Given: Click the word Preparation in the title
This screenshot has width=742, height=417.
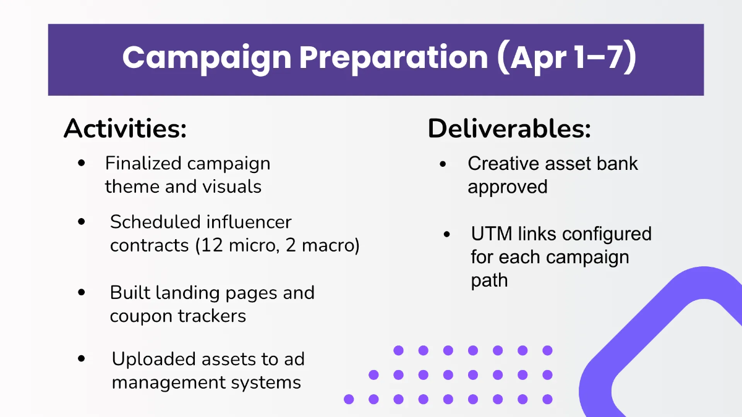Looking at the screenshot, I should (394, 57).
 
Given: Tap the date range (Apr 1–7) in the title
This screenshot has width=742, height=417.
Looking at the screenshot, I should (566, 57).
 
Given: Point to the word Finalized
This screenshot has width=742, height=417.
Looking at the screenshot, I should (143, 164).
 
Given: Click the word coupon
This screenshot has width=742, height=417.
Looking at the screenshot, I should (142, 316).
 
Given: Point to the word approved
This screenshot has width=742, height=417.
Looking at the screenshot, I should (508, 187).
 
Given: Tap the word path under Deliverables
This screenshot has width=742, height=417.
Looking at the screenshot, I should (489, 280).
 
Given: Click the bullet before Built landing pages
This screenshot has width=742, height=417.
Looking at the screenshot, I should (82, 292).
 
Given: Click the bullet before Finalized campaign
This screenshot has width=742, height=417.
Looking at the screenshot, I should (82, 164).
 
